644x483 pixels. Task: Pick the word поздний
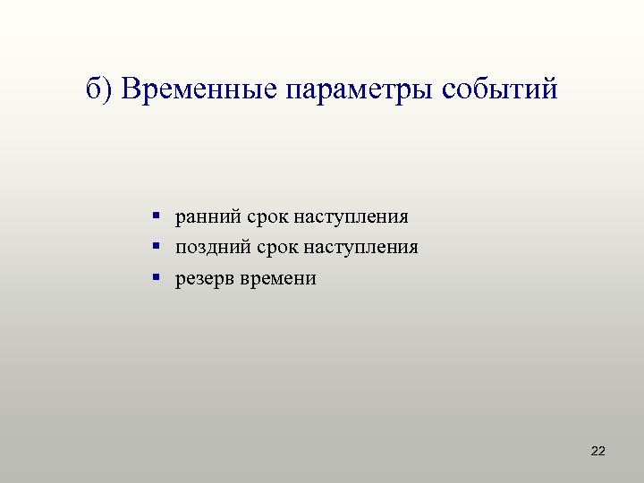click(208, 247)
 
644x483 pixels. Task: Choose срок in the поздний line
click(270, 247)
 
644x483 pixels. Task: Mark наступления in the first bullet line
click(350, 216)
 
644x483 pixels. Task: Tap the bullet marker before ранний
click(156, 216)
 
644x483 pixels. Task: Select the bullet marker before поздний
click(156, 246)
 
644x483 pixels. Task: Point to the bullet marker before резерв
click(156, 277)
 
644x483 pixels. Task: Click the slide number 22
click(598, 452)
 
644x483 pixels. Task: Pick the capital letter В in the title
click(131, 90)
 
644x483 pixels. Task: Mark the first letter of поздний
click(181, 248)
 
